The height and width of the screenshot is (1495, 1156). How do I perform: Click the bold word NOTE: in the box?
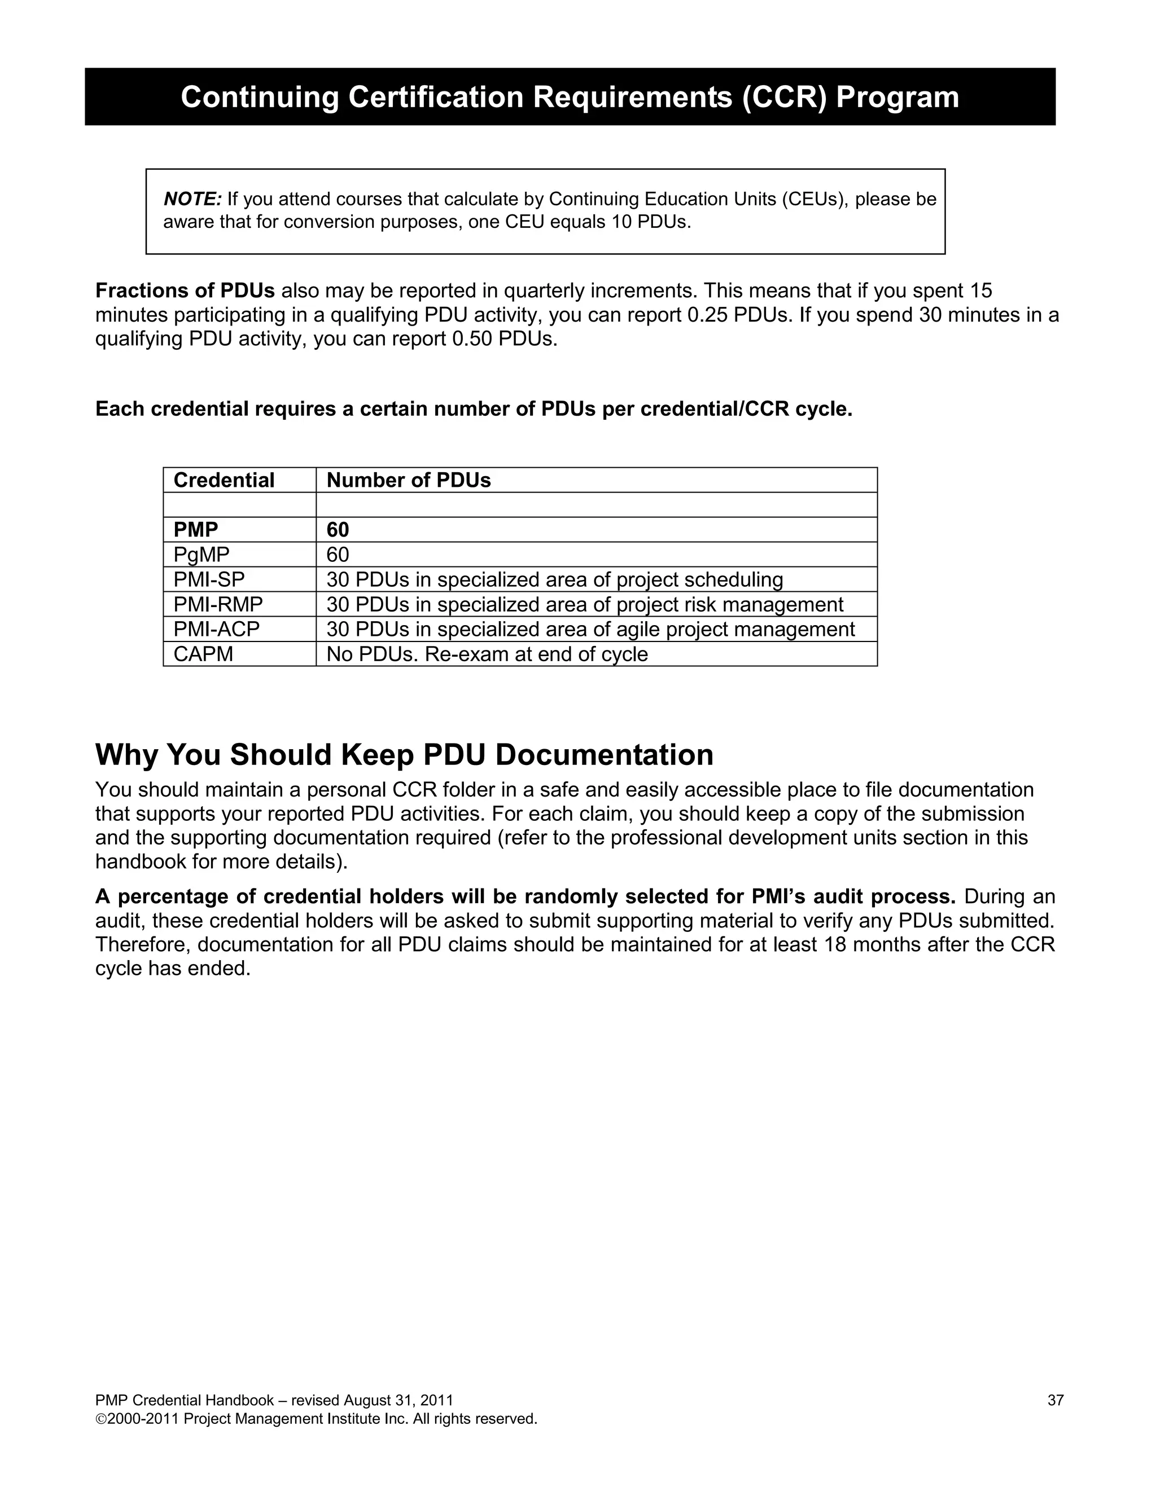tap(192, 199)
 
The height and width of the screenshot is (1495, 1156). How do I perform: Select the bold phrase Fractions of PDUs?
tap(185, 291)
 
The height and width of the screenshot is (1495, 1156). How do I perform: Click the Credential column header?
tap(224, 480)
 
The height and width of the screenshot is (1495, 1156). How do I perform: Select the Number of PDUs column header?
tap(409, 480)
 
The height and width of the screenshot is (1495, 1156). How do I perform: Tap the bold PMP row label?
tap(196, 529)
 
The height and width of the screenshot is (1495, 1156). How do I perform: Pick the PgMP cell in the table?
tap(202, 555)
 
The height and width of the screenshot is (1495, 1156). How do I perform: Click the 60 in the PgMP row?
tap(338, 555)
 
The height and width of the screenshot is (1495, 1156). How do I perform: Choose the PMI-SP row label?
tap(209, 579)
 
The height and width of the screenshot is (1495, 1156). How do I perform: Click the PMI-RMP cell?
tap(218, 604)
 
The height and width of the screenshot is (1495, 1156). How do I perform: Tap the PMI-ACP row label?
tap(216, 629)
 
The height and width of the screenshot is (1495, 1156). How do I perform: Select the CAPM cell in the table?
tap(203, 654)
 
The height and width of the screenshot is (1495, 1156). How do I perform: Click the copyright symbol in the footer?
tap(100, 1419)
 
